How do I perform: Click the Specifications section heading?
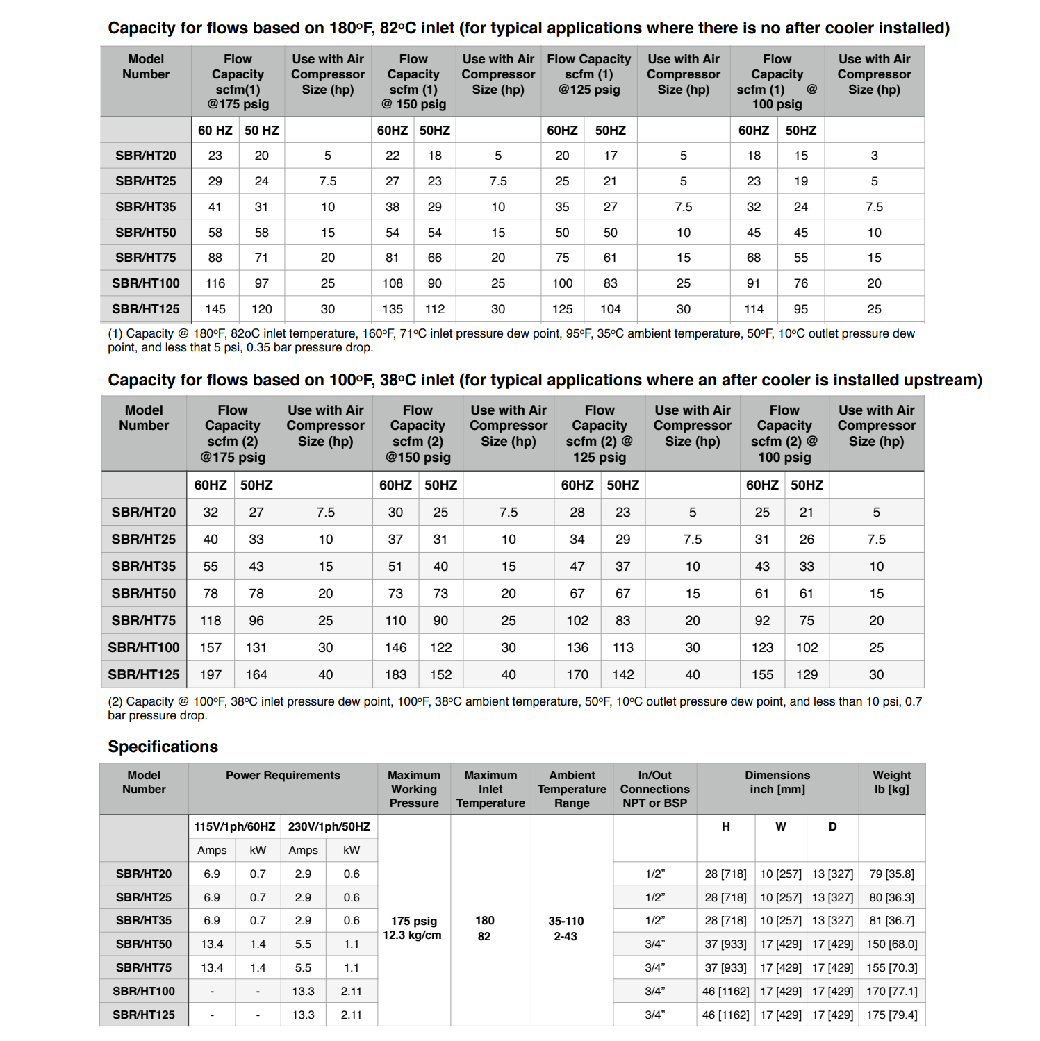click(163, 747)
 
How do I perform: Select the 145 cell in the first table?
click(215, 309)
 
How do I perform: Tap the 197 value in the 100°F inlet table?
click(211, 674)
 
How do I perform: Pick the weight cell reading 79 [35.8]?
click(891, 874)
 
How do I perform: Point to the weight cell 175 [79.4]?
click(891, 1015)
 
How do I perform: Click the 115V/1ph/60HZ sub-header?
click(235, 826)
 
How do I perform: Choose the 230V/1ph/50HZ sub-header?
click(329, 826)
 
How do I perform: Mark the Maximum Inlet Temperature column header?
click(490, 789)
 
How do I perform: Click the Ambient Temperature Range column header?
click(572, 789)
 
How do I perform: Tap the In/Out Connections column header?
click(654, 789)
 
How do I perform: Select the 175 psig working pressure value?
click(414, 921)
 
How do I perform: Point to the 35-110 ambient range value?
click(566, 921)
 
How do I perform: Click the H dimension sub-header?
click(725, 826)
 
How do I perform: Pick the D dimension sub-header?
click(832, 826)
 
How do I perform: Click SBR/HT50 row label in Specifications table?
click(144, 944)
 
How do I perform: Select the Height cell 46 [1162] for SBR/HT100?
click(725, 991)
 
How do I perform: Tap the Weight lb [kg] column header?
click(891, 782)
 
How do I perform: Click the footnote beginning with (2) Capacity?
click(514, 708)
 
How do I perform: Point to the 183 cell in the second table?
click(395, 674)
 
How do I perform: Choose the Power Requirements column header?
click(283, 775)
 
